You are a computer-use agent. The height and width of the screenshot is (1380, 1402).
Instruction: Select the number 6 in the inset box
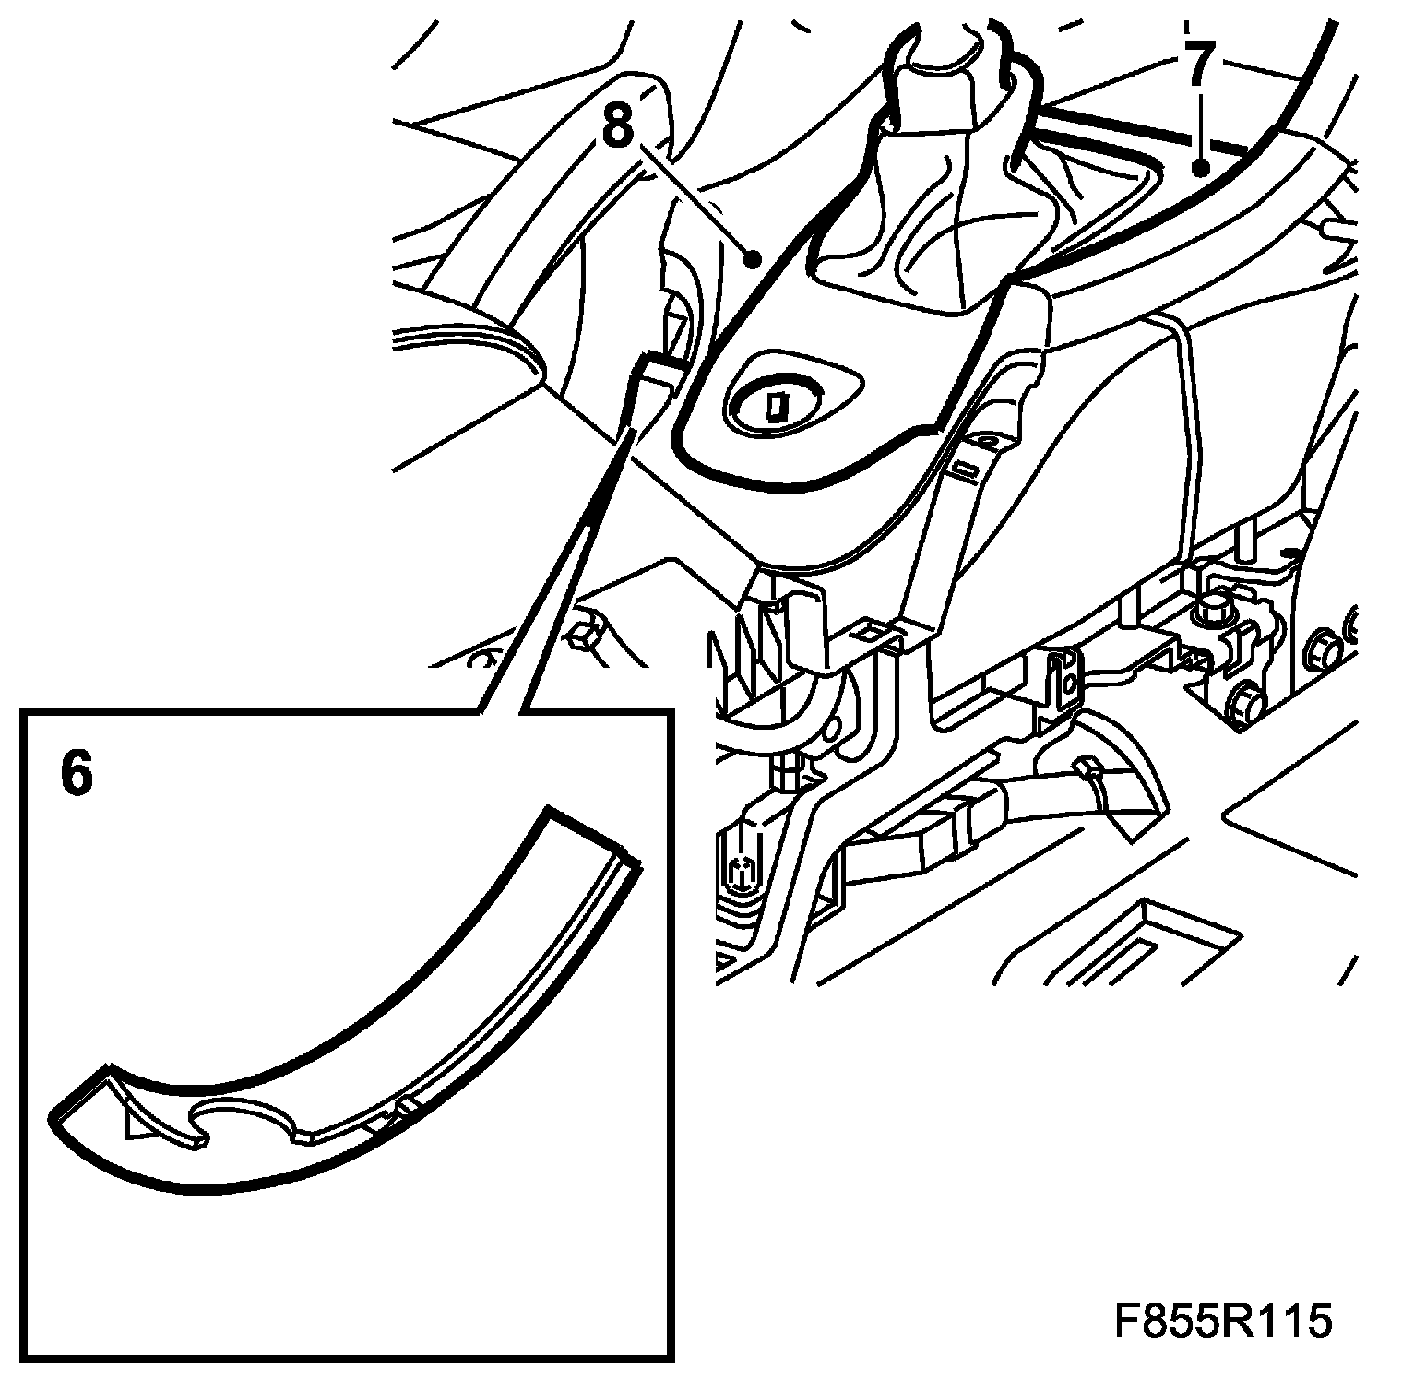pyautogui.click(x=77, y=773)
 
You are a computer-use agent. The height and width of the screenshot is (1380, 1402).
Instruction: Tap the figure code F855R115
pyautogui.click(x=1223, y=1321)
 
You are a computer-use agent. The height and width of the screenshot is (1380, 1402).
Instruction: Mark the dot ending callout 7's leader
pyautogui.click(x=1200, y=168)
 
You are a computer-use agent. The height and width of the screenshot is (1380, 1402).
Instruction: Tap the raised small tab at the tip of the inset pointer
pyautogui.click(x=657, y=374)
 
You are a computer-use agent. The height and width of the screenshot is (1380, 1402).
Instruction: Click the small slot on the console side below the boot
pyautogui.click(x=964, y=471)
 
